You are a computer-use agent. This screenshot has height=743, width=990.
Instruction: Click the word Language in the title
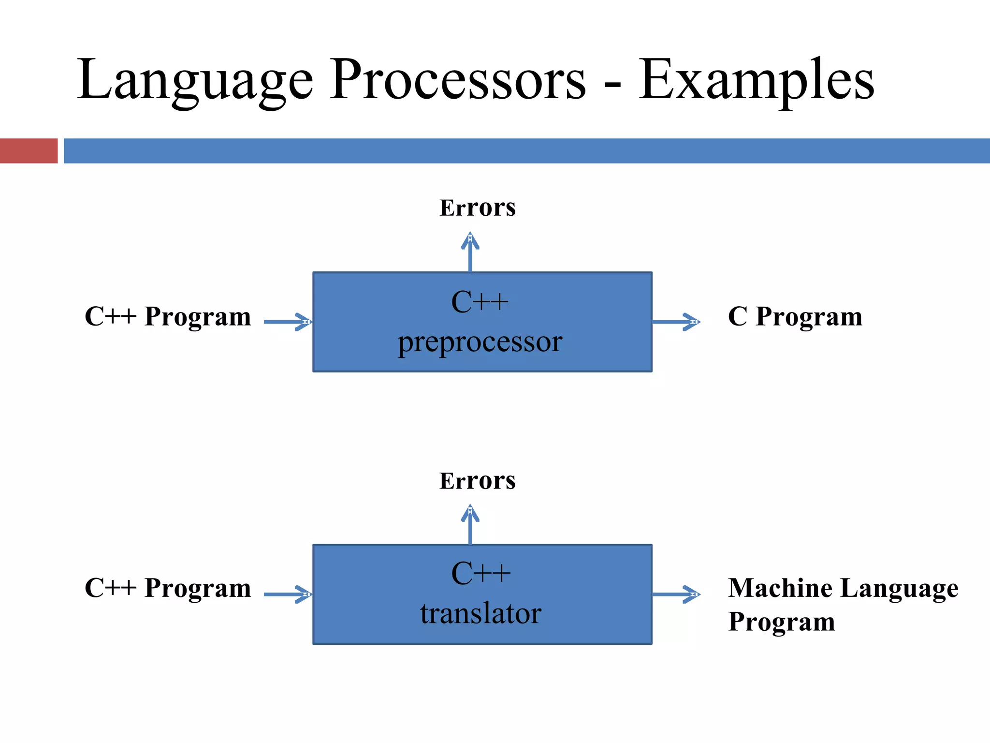pos(195,80)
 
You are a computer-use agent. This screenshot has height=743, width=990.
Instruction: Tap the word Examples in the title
pos(756,80)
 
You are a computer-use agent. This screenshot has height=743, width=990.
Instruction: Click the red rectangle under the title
pos(29,151)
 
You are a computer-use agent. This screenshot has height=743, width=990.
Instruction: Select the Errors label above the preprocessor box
pos(477,208)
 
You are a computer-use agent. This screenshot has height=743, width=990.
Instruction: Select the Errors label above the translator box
pos(477,481)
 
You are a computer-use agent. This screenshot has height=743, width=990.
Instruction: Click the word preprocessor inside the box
pos(480,342)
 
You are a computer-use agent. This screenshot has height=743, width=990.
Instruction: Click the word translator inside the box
pos(480,613)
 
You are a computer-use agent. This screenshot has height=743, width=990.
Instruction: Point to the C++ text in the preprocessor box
pos(480,302)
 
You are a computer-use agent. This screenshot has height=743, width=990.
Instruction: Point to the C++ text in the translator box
pos(480,574)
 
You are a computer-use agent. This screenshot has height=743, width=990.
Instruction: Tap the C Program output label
pos(795,317)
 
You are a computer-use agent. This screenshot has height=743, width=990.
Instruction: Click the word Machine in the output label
pos(780,588)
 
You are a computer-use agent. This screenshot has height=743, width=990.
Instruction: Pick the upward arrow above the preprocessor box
pos(470,252)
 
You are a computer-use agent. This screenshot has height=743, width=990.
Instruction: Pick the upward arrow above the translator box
pos(470,524)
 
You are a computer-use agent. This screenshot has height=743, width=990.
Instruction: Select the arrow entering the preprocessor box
pos(288,322)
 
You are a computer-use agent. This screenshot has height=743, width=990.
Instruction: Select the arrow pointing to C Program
pos(676,322)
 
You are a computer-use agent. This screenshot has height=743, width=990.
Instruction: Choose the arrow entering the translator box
pos(288,594)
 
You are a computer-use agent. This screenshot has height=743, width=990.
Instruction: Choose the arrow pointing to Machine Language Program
pos(676,594)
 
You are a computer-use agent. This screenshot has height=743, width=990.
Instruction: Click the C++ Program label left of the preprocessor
pos(168,317)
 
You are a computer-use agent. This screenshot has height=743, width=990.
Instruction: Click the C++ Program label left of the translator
pos(168,588)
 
